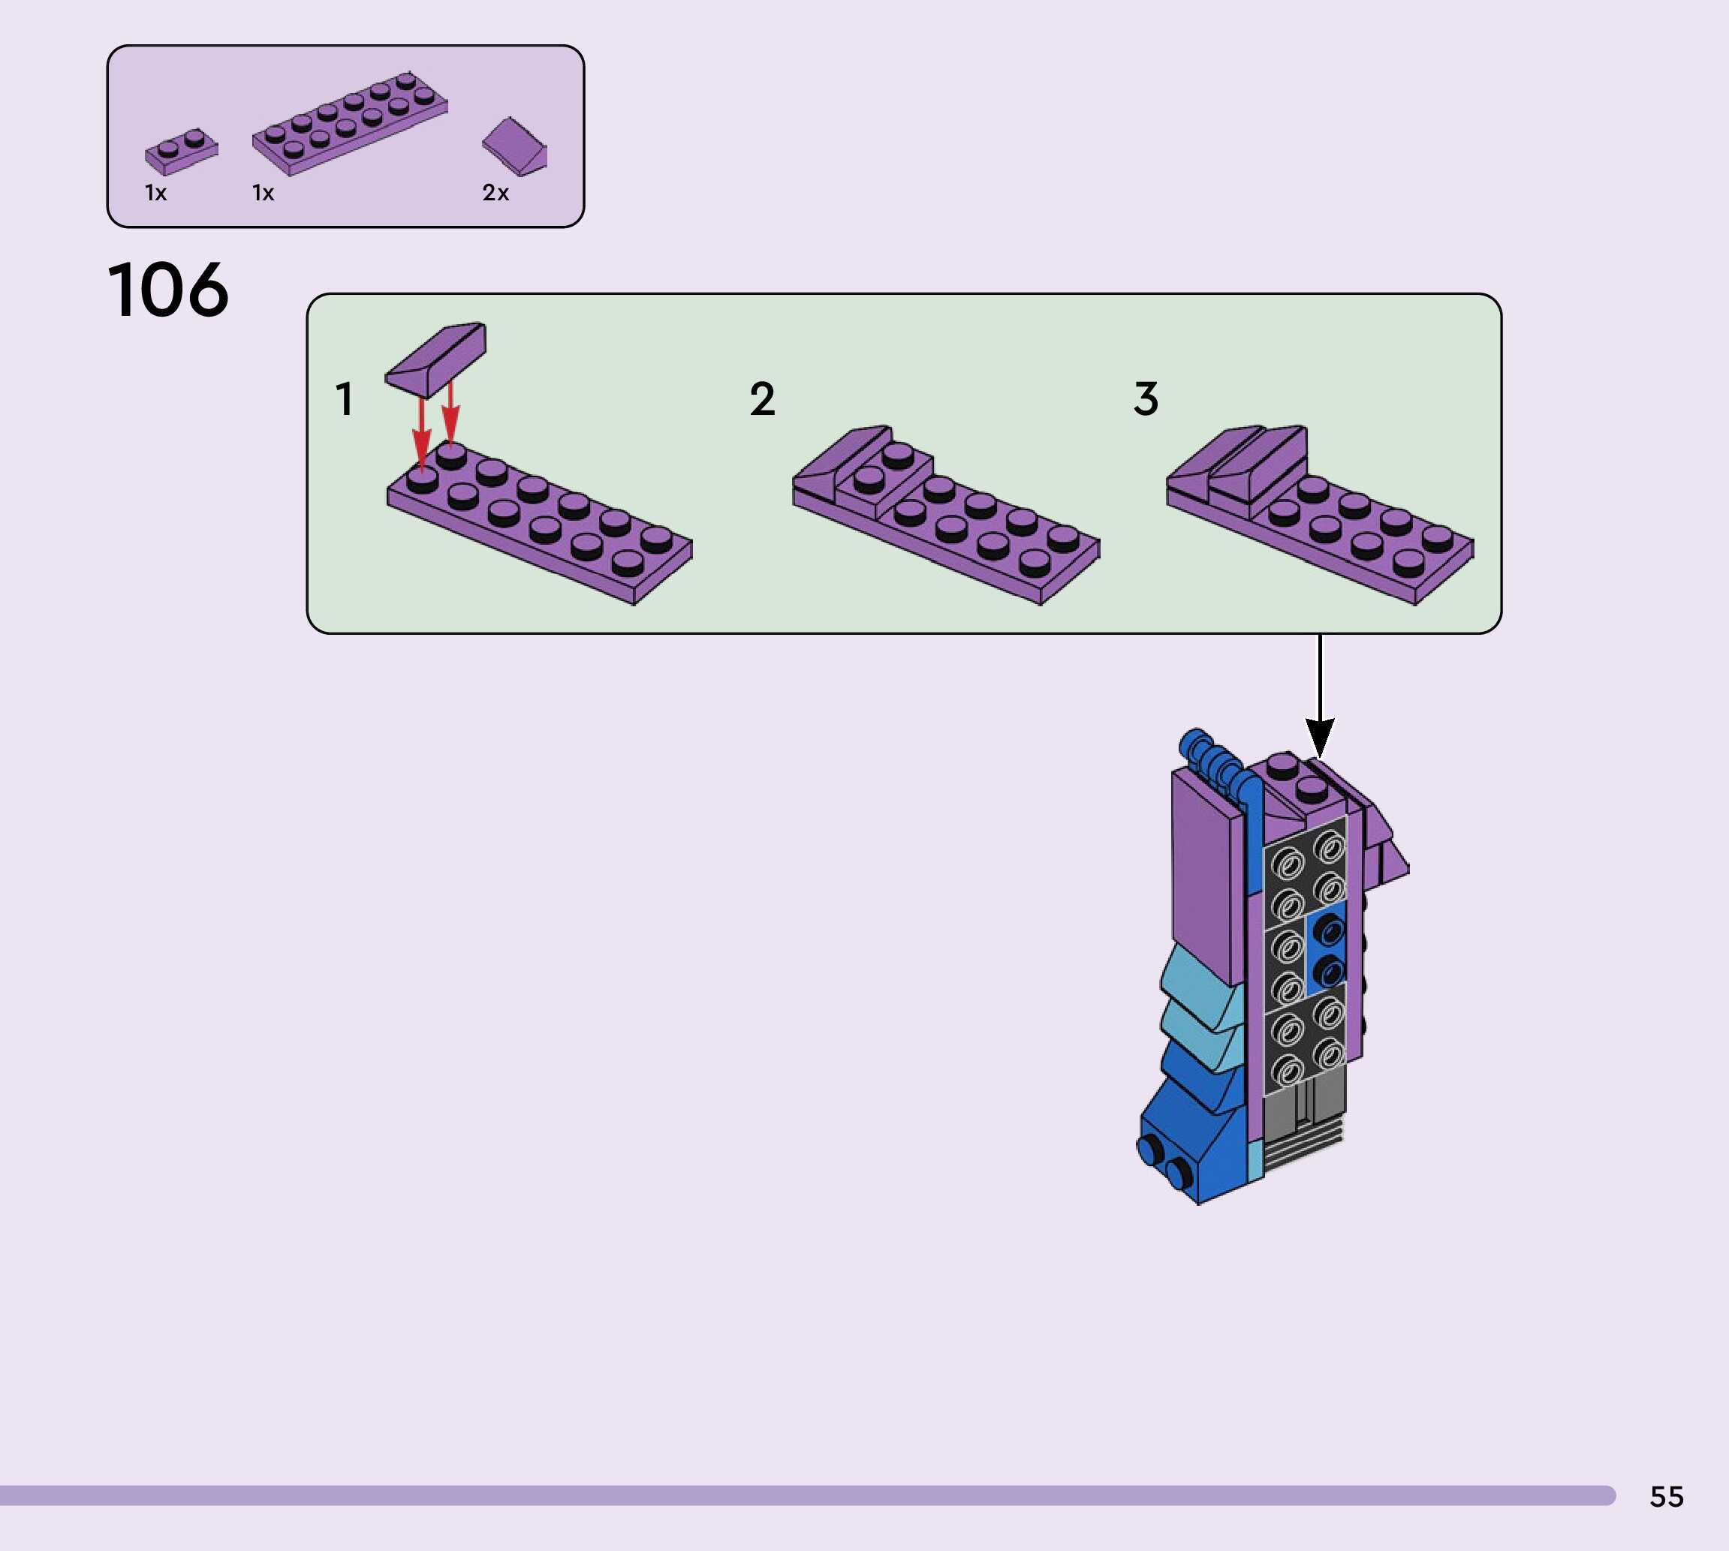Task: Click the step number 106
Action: click(x=168, y=290)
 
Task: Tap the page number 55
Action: click(x=1666, y=1496)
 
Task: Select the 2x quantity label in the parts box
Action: click(x=496, y=193)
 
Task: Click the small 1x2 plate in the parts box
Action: click(x=181, y=152)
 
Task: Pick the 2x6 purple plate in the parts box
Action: click(x=350, y=125)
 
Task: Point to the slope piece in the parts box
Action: click(x=515, y=146)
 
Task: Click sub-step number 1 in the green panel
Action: click(x=345, y=399)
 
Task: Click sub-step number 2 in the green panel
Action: click(x=762, y=399)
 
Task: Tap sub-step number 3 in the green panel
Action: click(x=1146, y=399)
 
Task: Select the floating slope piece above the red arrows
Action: click(x=435, y=359)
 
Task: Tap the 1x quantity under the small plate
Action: click(x=156, y=194)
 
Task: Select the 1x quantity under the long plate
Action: click(x=264, y=194)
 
